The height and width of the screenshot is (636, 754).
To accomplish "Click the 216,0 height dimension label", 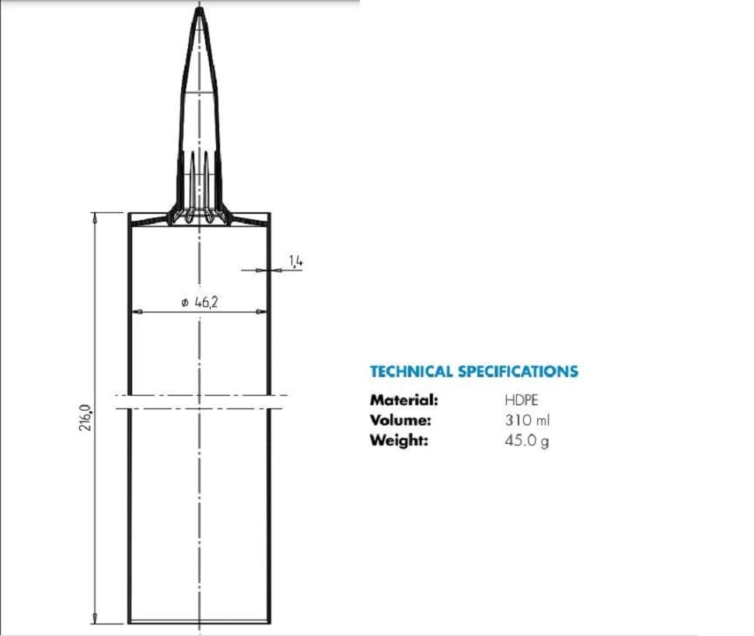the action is click(86, 418).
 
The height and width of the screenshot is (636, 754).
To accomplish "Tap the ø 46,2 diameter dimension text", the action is click(200, 302).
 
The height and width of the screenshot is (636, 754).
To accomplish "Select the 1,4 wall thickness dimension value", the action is click(296, 261).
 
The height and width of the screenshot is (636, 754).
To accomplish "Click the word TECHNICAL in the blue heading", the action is click(411, 372).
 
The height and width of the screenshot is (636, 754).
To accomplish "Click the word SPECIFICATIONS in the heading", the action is click(518, 372).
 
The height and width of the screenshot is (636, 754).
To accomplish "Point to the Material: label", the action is click(404, 400).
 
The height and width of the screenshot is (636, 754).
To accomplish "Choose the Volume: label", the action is click(400, 420).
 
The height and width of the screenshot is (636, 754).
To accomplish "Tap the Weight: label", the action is click(399, 440).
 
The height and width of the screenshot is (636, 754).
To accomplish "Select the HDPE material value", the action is click(522, 400).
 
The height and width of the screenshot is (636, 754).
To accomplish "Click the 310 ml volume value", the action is click(527, 420).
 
